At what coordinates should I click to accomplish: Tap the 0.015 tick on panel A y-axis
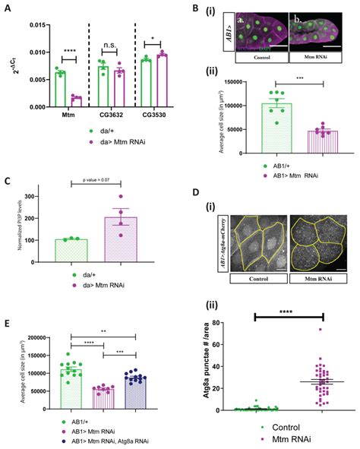pyautogui.click(x=28, y=25)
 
